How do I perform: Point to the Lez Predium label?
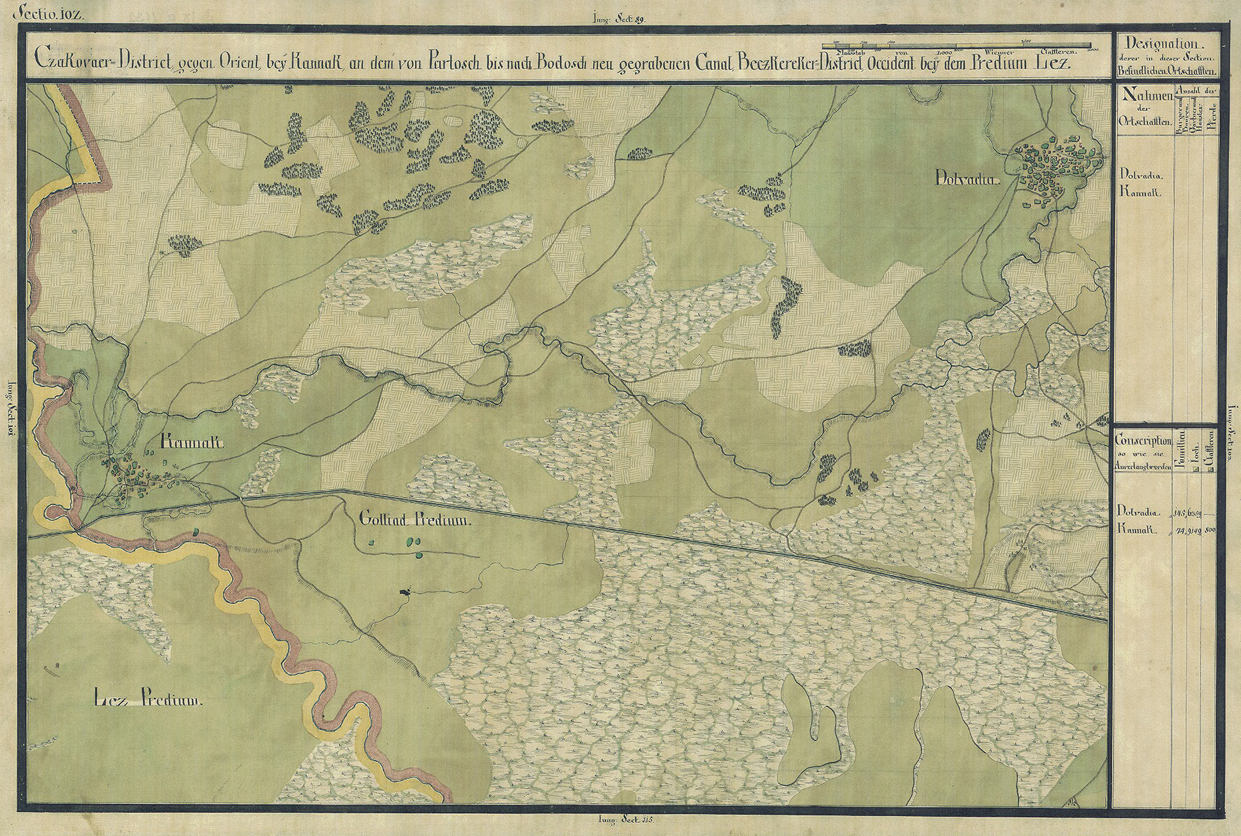click(150, 702)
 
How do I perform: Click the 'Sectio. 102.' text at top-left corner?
click(52, 12)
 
